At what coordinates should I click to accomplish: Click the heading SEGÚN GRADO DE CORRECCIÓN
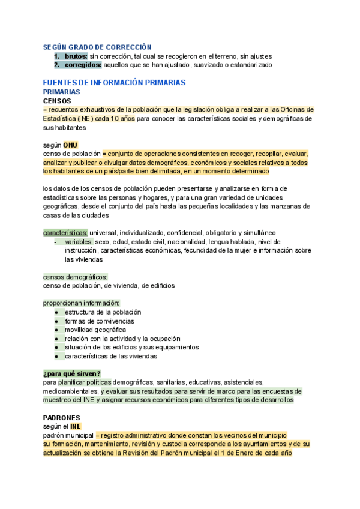pos(97,47)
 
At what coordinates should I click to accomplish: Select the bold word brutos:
pos(76,56)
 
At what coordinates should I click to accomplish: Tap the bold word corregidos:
pos(83,65)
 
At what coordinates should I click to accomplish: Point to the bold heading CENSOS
pos(57,101)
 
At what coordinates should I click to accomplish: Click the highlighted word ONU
pos(70,145)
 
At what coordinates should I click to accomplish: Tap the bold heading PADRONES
pos(62,417)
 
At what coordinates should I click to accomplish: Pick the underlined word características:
pos(65,233)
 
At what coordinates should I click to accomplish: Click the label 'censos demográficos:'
pos(76,277)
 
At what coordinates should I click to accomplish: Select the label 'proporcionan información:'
pos(82,303)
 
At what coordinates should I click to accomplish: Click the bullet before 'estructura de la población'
pos(56,312)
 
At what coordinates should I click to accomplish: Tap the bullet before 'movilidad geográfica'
pos(56,330)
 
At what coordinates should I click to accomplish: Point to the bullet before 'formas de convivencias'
pos(56,321)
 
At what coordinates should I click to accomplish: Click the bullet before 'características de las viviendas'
pos(56,356)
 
